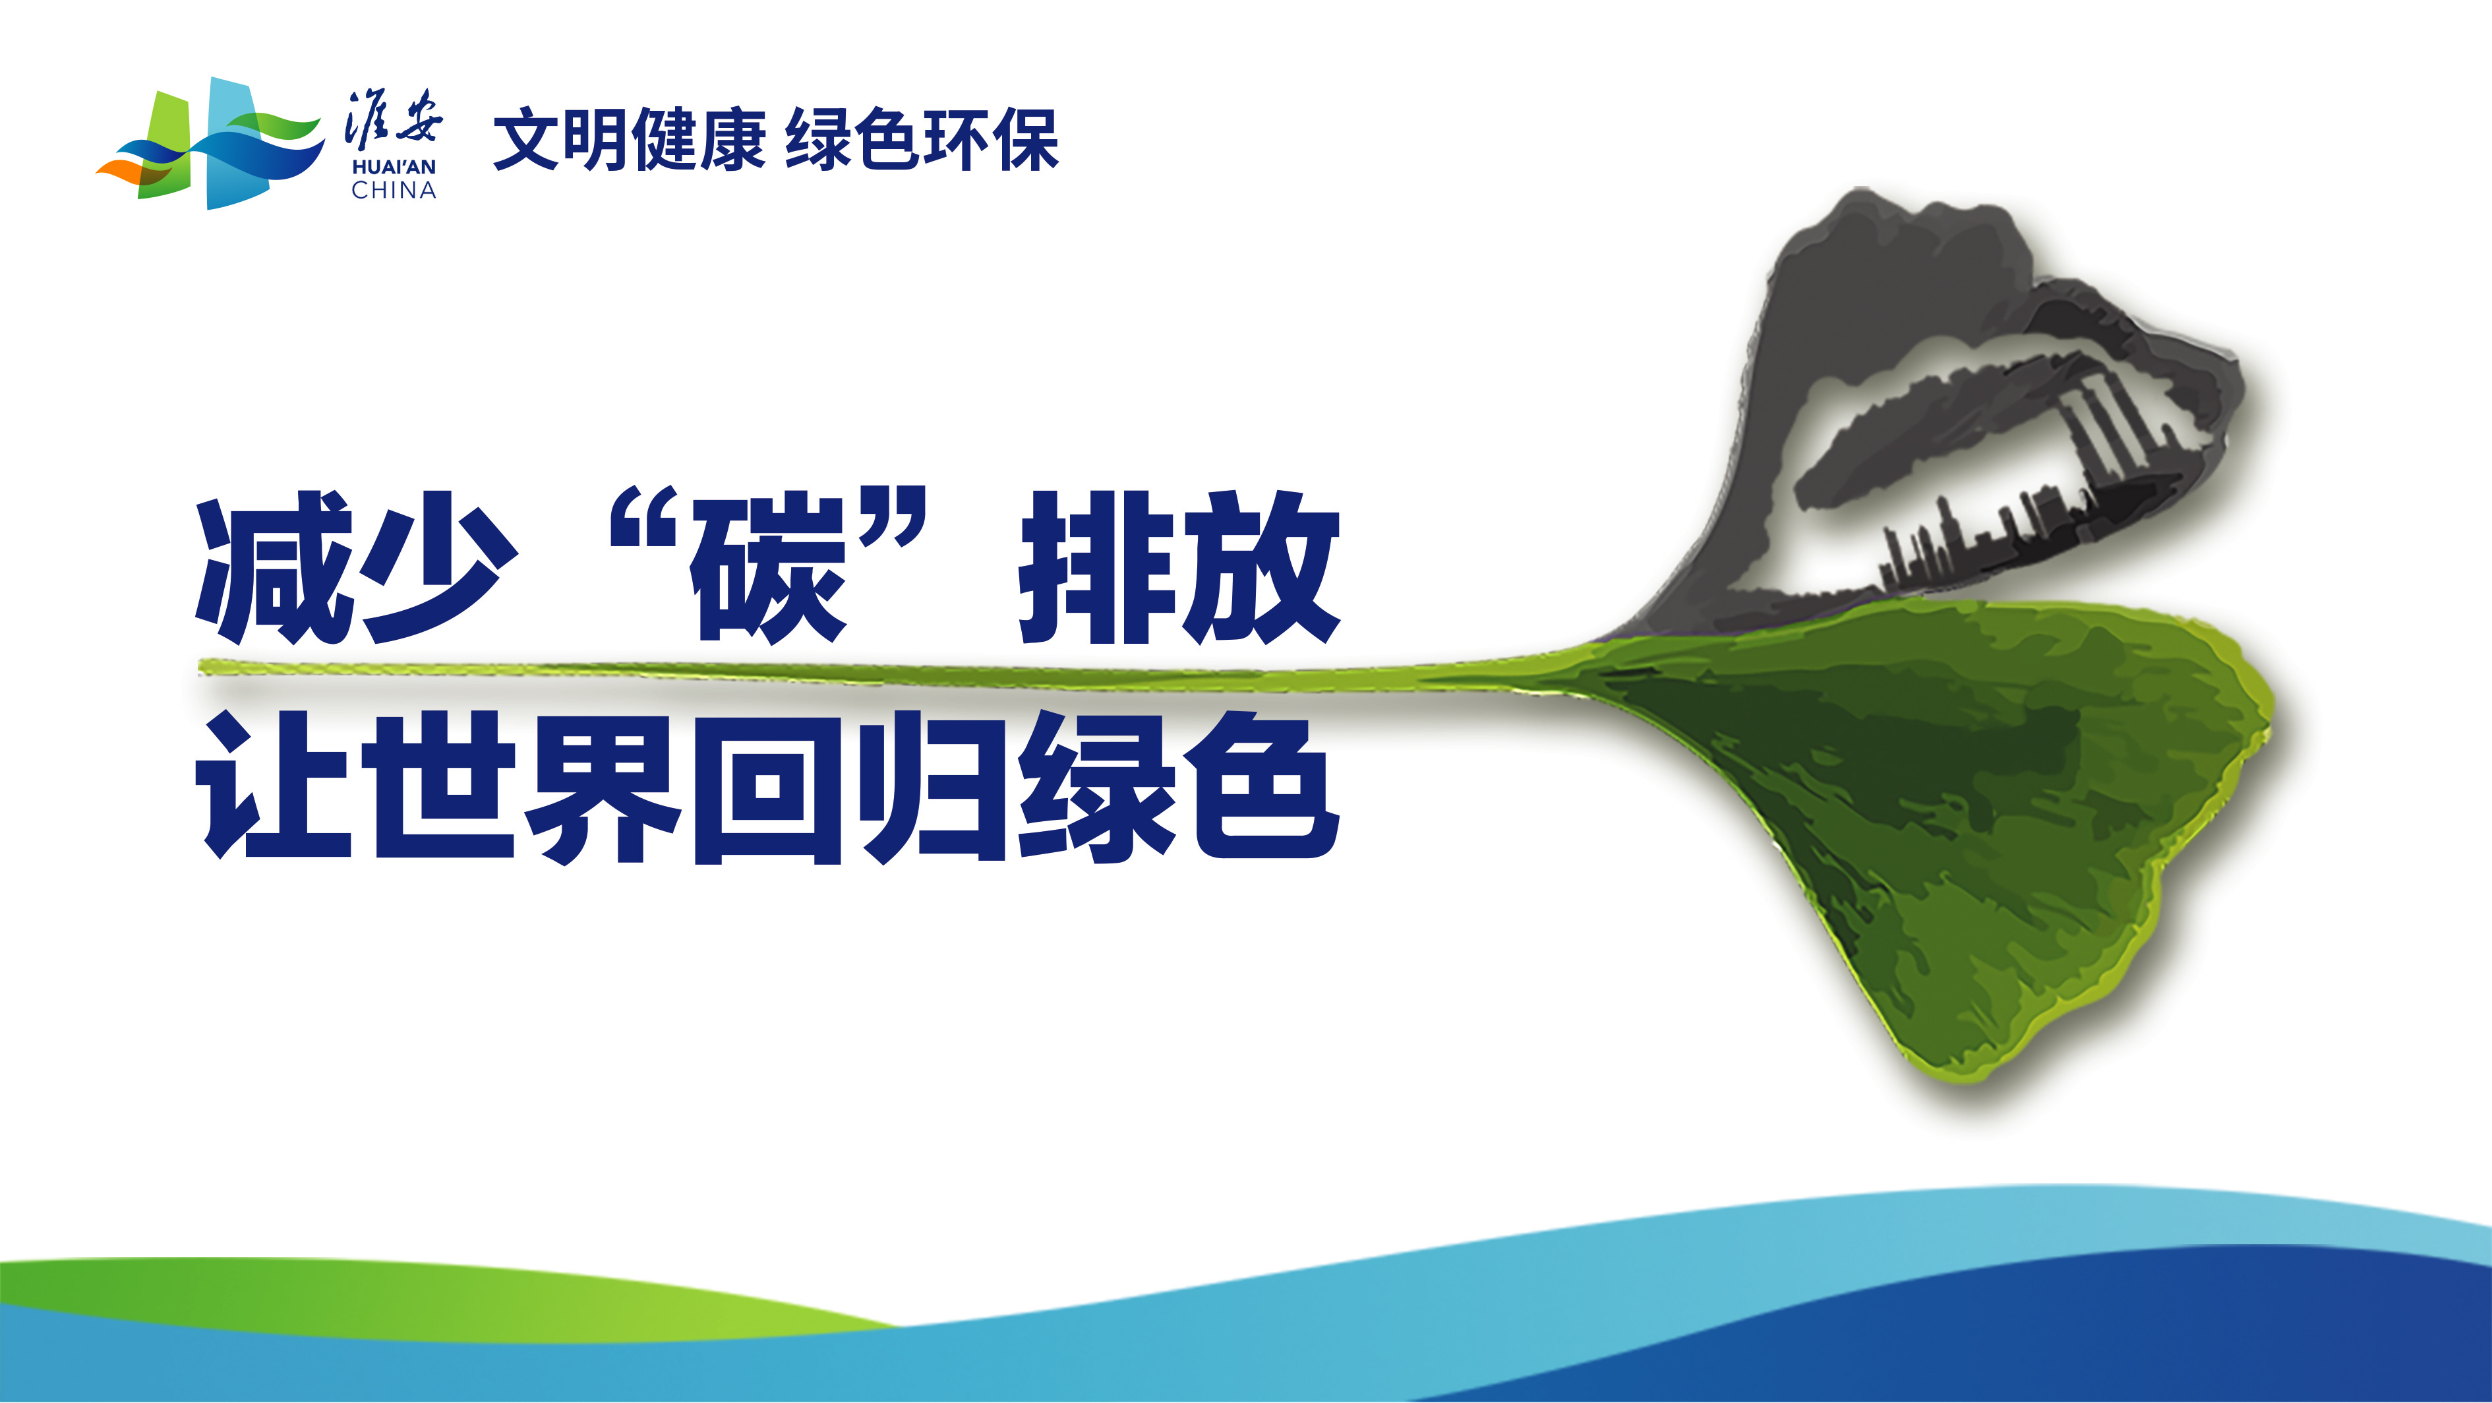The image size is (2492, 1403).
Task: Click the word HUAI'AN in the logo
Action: point(394,168)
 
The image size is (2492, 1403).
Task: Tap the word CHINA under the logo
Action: point(394,191)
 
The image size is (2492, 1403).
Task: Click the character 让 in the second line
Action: point(275,785)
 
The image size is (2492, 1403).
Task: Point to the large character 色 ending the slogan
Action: point(1262,785)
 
